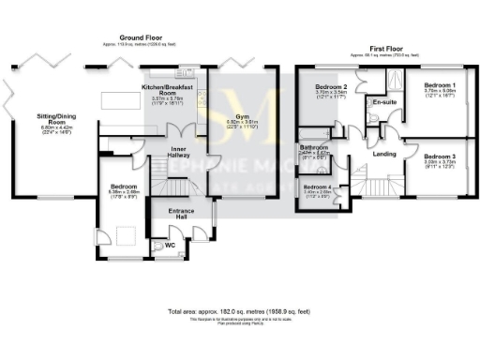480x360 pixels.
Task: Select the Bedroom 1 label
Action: (440, 85)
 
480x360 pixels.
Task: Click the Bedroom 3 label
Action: (440, 157)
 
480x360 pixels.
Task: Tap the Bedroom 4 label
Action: (316, 187)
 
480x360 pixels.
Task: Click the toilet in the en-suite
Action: (373, 116)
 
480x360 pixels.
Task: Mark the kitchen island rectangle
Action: (117, 99)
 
